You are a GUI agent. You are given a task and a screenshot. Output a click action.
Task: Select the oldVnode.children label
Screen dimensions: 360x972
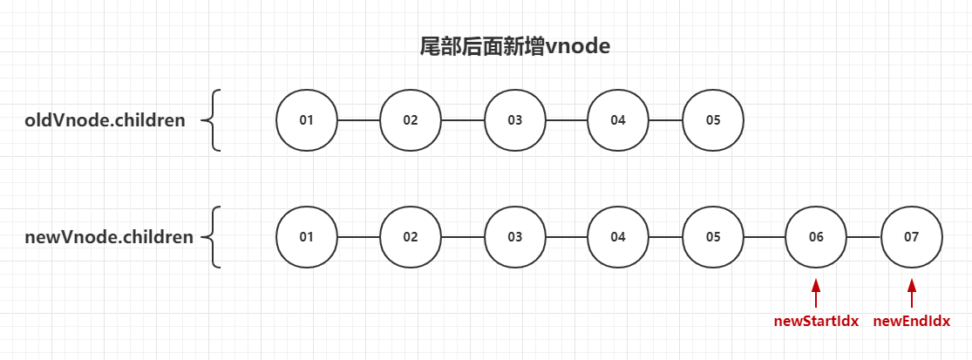coord(105,120)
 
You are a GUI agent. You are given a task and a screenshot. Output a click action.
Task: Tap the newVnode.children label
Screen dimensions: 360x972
coord(109,236)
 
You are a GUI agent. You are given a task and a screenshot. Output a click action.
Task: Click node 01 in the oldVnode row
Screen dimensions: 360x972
coord(306,120)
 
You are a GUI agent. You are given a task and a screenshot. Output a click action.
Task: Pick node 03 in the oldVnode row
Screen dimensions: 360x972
coord(515,120)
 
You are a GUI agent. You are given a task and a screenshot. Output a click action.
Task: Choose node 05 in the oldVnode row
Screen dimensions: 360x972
coord(713,120)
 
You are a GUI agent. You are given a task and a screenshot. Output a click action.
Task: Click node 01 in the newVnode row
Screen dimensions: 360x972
coord(306,236)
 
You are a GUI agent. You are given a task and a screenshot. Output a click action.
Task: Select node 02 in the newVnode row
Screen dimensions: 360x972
coord(411,236)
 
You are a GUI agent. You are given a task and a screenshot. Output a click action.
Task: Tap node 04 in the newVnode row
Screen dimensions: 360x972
coord(618,236)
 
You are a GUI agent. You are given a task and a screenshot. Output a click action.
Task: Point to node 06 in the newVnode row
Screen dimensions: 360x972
coord(816,236)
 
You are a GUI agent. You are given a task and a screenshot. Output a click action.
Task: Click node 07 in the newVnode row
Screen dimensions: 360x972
coord(912,236)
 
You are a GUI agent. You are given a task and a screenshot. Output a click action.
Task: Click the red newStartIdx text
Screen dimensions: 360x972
coord(816,321)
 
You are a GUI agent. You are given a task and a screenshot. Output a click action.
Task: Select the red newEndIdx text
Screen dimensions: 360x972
coord(912,321)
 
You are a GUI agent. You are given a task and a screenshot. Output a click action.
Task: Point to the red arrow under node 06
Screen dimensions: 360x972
coord(816,292)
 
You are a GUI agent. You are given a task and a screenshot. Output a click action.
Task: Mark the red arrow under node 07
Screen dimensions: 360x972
coord(912,292)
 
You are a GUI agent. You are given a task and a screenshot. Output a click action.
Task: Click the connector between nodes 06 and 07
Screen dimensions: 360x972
coord(864,236)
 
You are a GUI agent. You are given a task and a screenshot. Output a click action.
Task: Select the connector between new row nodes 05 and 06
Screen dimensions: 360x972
coord(765,236)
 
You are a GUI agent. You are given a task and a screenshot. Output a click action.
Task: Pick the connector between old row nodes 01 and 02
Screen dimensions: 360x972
coord(358,120)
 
